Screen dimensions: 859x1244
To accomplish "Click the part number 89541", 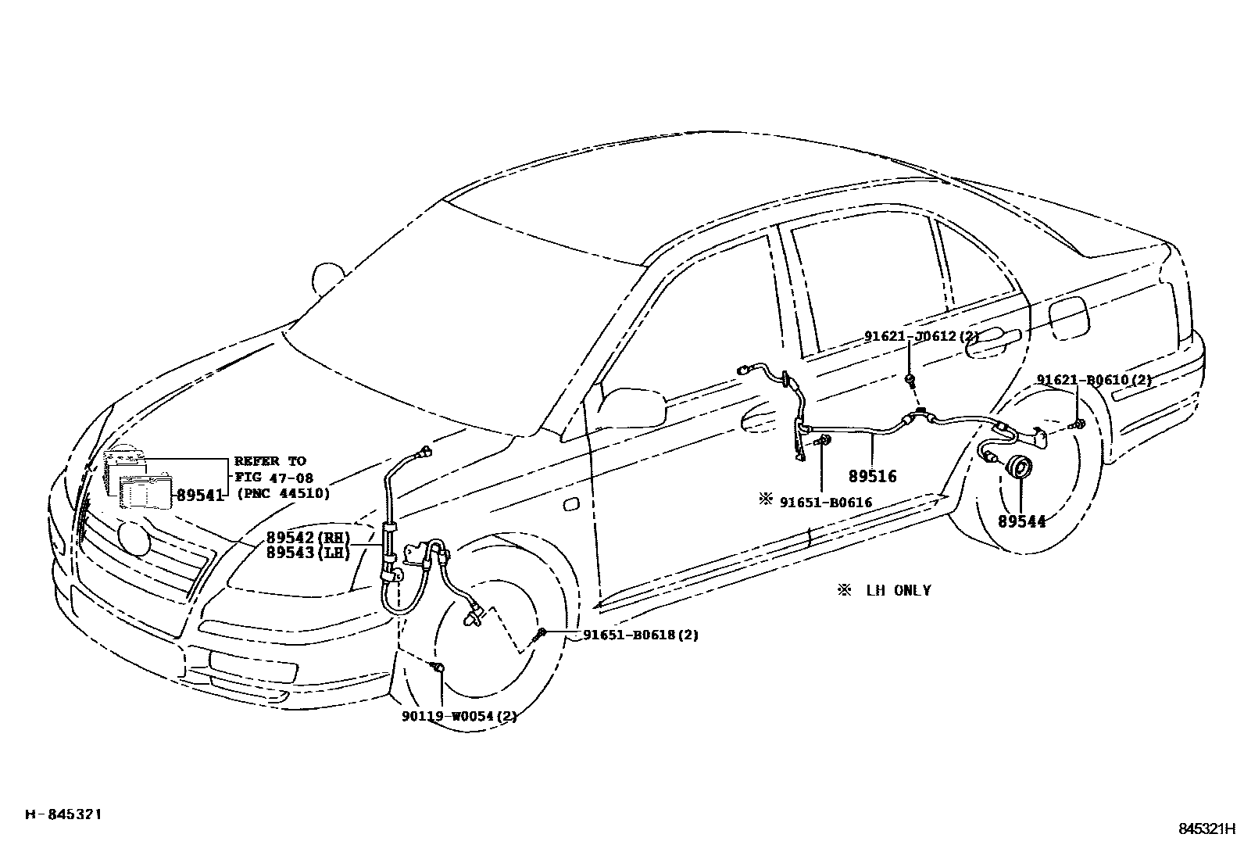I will point(200,494).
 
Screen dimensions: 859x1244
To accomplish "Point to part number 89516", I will point(873,476).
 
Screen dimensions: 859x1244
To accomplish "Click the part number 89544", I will point(1021,522).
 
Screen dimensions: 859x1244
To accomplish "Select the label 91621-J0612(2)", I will point(921,336).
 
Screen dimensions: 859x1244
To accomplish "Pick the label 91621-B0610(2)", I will point(1094,380).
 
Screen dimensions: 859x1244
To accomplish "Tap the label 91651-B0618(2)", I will point(641,635).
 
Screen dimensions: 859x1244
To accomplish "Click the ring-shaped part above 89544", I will point(1020,467).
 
